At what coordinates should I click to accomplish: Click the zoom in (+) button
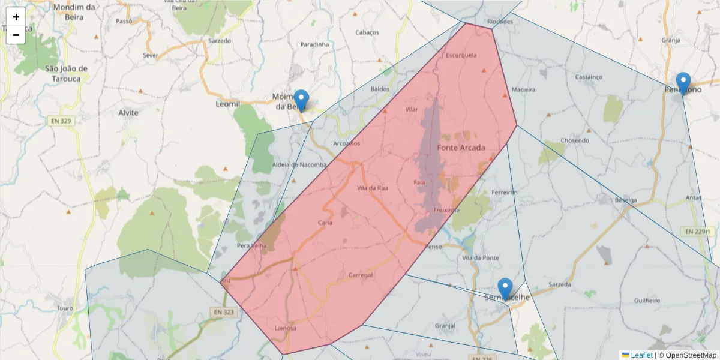(16, 17)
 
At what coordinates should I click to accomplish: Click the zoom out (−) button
(16, 35)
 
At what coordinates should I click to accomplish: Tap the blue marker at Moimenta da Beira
(301, 100)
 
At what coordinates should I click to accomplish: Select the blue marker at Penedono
(683, 83)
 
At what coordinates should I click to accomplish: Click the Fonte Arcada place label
(461, 148)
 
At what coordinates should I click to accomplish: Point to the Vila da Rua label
(373, 188)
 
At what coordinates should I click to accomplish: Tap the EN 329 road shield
(60, 121)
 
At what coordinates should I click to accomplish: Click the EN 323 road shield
(224, 312)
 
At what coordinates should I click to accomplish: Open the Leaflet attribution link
(641, 355)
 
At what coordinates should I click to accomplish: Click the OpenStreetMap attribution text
(687, 355)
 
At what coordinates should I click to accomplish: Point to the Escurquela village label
(461, 55)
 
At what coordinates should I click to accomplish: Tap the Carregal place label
(361, 275)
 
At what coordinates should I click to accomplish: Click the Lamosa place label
(285, 328)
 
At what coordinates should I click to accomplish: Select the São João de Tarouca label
(67, 73)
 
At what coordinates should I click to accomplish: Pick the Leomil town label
(227, 104)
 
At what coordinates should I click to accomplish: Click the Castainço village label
(588, 77)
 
